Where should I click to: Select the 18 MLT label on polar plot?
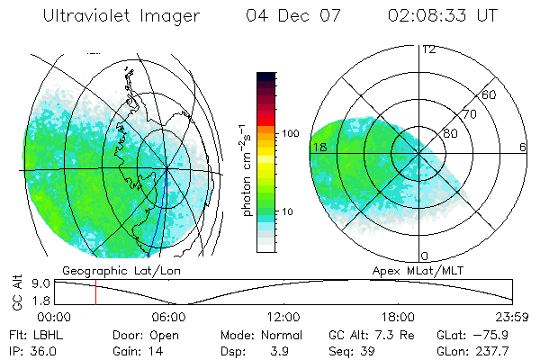318,147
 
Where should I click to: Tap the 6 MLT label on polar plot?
523,147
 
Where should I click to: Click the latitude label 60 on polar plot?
490,94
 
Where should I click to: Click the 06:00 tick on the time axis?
169,317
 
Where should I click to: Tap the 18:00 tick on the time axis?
399,317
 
